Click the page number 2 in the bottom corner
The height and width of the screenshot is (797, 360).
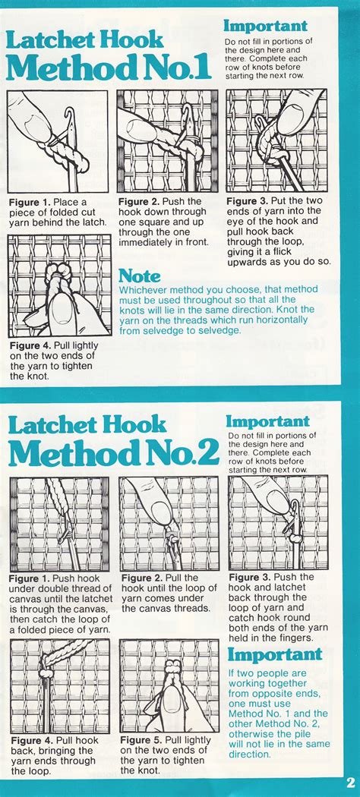[350, 782]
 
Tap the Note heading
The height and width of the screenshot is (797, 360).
[141, 276]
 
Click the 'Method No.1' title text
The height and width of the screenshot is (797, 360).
[108, 67]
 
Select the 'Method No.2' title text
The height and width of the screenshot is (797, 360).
[113, 452]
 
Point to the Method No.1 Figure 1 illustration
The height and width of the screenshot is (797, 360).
[58, 142]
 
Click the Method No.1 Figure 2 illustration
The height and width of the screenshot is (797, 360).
[167, 142]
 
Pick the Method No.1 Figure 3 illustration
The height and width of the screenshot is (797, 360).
[276, 140]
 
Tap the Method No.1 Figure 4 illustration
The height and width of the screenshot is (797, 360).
[59, 286]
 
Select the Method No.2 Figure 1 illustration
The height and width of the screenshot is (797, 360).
[60, 523]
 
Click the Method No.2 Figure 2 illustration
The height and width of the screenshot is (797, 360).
[169, 523]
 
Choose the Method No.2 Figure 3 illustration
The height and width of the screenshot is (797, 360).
[278, 523]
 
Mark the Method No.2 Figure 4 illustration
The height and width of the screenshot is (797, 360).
[60, 685]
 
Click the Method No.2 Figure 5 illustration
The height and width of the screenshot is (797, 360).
[169, 685]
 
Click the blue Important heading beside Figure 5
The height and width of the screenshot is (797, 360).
[275, 654]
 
